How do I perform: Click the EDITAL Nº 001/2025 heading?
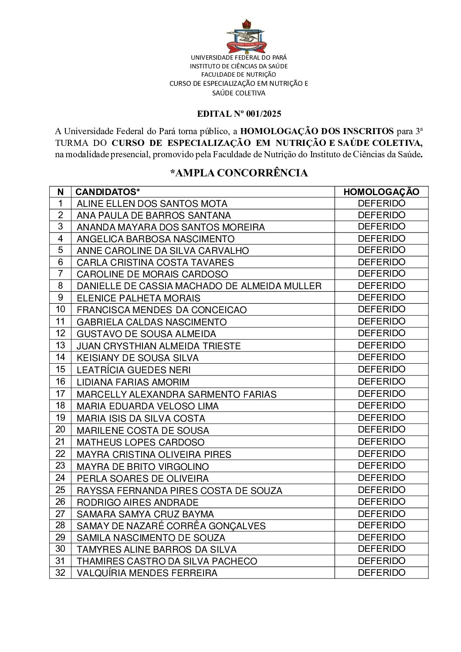coord(239,114)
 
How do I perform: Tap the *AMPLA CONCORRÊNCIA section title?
coord(239,173)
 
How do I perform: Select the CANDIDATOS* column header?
coord(108,192)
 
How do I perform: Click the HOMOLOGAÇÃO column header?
coord(381,192)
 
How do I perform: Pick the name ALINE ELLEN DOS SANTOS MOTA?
coord(152,203)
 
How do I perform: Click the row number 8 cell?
coord(60,286)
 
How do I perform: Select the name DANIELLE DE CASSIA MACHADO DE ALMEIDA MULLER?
coord(199,286)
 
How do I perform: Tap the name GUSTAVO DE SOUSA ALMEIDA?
coord(146,334)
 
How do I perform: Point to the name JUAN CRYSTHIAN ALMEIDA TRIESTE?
coord(159,346)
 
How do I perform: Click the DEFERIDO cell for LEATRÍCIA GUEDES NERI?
coord(381,369)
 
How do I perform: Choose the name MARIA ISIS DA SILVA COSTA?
coord(140,418)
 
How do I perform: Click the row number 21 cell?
coord(60,442)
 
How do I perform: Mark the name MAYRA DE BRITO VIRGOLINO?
coord(142,466)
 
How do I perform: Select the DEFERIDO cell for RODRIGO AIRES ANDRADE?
coord(381,502)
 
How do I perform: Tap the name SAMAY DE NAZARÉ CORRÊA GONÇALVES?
coord(171,526)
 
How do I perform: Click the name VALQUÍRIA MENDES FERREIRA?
coord(147,573)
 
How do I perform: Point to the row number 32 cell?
coord(60,573)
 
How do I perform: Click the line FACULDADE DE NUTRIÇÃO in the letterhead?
coord(238,74)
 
